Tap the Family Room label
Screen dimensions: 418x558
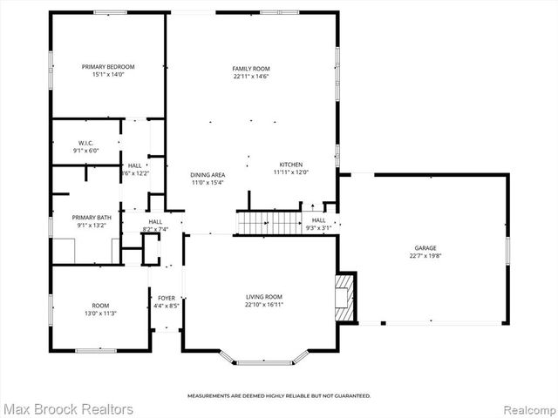pyautogui.click(x=250, y=68)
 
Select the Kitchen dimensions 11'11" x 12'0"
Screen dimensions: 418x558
pyautogui.click(x=290, y=172)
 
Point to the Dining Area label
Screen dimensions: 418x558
pyautogui.click(x=208, y=175)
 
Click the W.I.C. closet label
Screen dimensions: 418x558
pyautogui.click(x=85, y=143)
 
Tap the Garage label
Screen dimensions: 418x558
pyautogui.click(x=425, y=247)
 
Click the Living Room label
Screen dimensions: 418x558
pyautogui.click(x=263, y=297)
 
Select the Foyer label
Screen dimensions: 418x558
pyautogui.click(x=167, y=299)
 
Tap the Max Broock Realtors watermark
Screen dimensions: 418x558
pyautogui.click(x=68, y=408)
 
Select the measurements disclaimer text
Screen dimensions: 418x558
pyautogui.click(x=279, y=395)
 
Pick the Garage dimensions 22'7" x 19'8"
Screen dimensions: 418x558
pyautogui.click(x=425, y=256)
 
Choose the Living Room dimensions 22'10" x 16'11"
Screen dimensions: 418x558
pyautogui.click(x=263, y=305)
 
